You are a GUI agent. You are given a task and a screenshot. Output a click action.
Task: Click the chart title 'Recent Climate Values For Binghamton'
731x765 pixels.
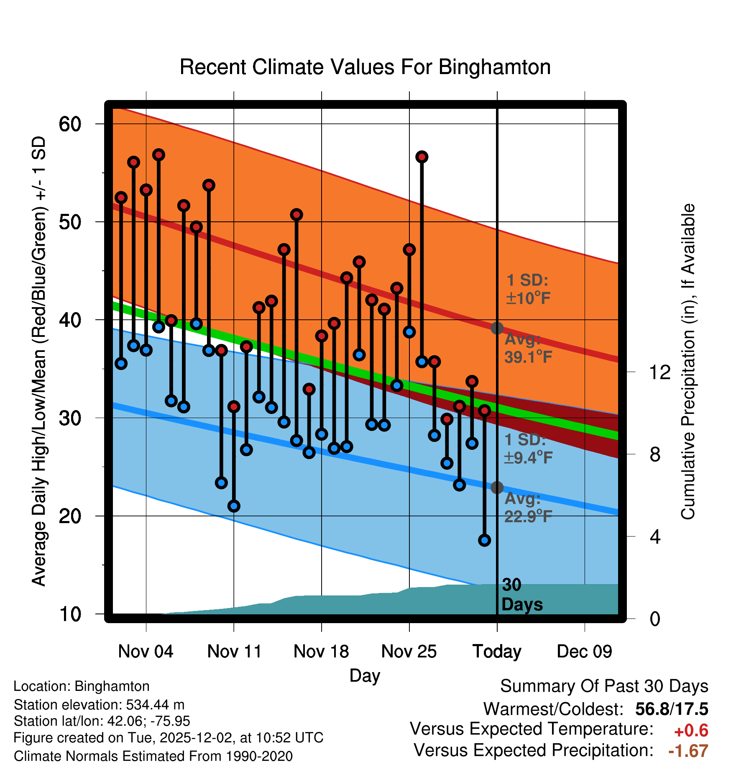coord(365,67)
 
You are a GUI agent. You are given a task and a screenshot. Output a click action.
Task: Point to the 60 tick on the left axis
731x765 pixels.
coord(70,124)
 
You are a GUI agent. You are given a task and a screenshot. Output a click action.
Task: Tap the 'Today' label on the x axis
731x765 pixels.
coord(497,652)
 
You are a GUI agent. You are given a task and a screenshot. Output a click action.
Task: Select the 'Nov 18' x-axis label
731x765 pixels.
coord(321,652)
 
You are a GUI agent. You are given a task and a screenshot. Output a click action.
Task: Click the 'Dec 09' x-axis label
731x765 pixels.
coord(584,652)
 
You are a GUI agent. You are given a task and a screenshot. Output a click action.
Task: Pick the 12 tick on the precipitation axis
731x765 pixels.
coord(659,372)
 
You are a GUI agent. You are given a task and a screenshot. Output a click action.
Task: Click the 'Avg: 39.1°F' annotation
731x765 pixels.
coord(528,348)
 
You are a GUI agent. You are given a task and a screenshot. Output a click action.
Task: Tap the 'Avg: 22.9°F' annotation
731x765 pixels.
coord(528,508)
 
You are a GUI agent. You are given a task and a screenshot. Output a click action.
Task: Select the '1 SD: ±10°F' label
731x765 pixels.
coord(528,289)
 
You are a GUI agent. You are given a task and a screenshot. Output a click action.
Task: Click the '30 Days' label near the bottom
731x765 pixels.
coord(522,595)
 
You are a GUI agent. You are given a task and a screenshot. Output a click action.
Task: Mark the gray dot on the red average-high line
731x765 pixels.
coord(497,328)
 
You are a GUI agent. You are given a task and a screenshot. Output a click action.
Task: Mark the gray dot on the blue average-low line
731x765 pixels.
coord(497,488)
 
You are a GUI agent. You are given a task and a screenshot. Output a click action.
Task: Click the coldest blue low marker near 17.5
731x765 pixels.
coord(484,540)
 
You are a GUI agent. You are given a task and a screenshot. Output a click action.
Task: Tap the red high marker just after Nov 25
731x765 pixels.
coord(422,157)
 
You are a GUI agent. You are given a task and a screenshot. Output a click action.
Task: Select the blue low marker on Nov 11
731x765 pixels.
coord(234,506)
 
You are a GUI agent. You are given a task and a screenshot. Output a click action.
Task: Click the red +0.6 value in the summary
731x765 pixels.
coord(691,731)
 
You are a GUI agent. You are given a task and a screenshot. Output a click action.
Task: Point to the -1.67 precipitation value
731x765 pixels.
coord(688,751)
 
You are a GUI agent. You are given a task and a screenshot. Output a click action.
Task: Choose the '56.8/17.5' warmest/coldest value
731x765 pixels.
coord(672,709)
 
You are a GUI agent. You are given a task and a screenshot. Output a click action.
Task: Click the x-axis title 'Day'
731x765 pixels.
coord(365,675)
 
